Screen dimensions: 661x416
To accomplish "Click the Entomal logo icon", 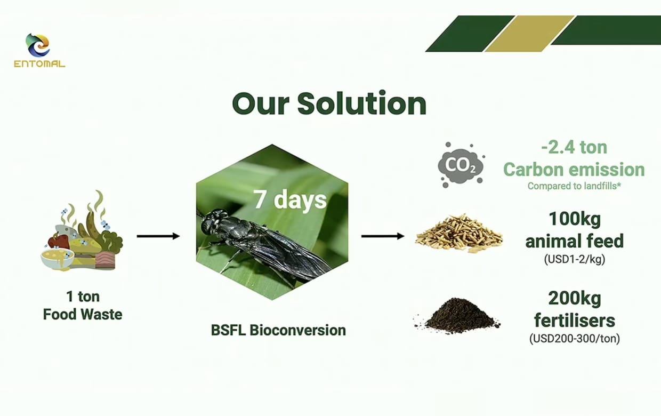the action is click(x=38, y=45).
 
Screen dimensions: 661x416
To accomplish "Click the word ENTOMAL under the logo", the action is click(x=39, y=64).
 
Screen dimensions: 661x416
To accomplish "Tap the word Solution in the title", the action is click(x=361, y=103).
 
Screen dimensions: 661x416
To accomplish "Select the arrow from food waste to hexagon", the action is click(x=158, y=236).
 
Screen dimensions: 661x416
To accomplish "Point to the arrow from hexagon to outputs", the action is click(x=383, y=236).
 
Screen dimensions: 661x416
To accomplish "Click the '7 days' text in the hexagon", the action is click(x=290, y=200).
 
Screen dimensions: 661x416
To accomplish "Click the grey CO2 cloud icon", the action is click(x=461, y=165).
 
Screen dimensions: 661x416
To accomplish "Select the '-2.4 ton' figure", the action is click(x=574, y=147).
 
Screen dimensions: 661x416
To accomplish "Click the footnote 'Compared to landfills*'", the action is click(x=574, y=186).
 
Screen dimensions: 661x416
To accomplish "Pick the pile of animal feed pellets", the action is click(x=459, y=233).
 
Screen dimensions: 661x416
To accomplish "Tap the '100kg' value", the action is click(x=575, y=219).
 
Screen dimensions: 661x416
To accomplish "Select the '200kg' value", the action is click(x=575, y=299).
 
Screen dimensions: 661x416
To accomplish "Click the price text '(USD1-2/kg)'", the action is click(x=575, y=259).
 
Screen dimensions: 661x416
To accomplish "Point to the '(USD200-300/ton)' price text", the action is click(x=575, y=338).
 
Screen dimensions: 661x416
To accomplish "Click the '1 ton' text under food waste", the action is click(x=83, y=297).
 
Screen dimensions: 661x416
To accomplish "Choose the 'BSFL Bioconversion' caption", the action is click(x=278, y=330).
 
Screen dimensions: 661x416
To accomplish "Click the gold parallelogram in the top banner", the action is click(x=530, y=34).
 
